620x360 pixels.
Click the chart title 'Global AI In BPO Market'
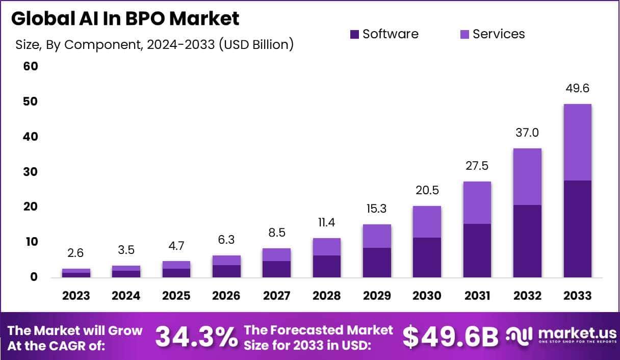click(125, 19)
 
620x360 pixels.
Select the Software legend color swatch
click(355, 34)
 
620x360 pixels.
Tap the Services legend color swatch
click(465, 34)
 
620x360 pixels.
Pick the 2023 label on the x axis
click(76, 296)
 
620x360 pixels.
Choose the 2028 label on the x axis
click(326, 296)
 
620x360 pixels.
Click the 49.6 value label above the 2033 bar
click(577, 89)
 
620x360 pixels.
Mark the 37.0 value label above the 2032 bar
click(527, 133)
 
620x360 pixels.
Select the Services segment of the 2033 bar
click(577, 142)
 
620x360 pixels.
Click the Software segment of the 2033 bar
click(577, 229)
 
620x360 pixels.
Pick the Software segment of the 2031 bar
click(477, 250)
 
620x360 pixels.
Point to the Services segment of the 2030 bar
click(427, 222)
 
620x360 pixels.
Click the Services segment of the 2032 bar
click(527, 177)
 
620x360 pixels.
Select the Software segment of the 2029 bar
click(377, 263)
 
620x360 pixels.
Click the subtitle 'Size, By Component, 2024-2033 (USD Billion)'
click(154, 45)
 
